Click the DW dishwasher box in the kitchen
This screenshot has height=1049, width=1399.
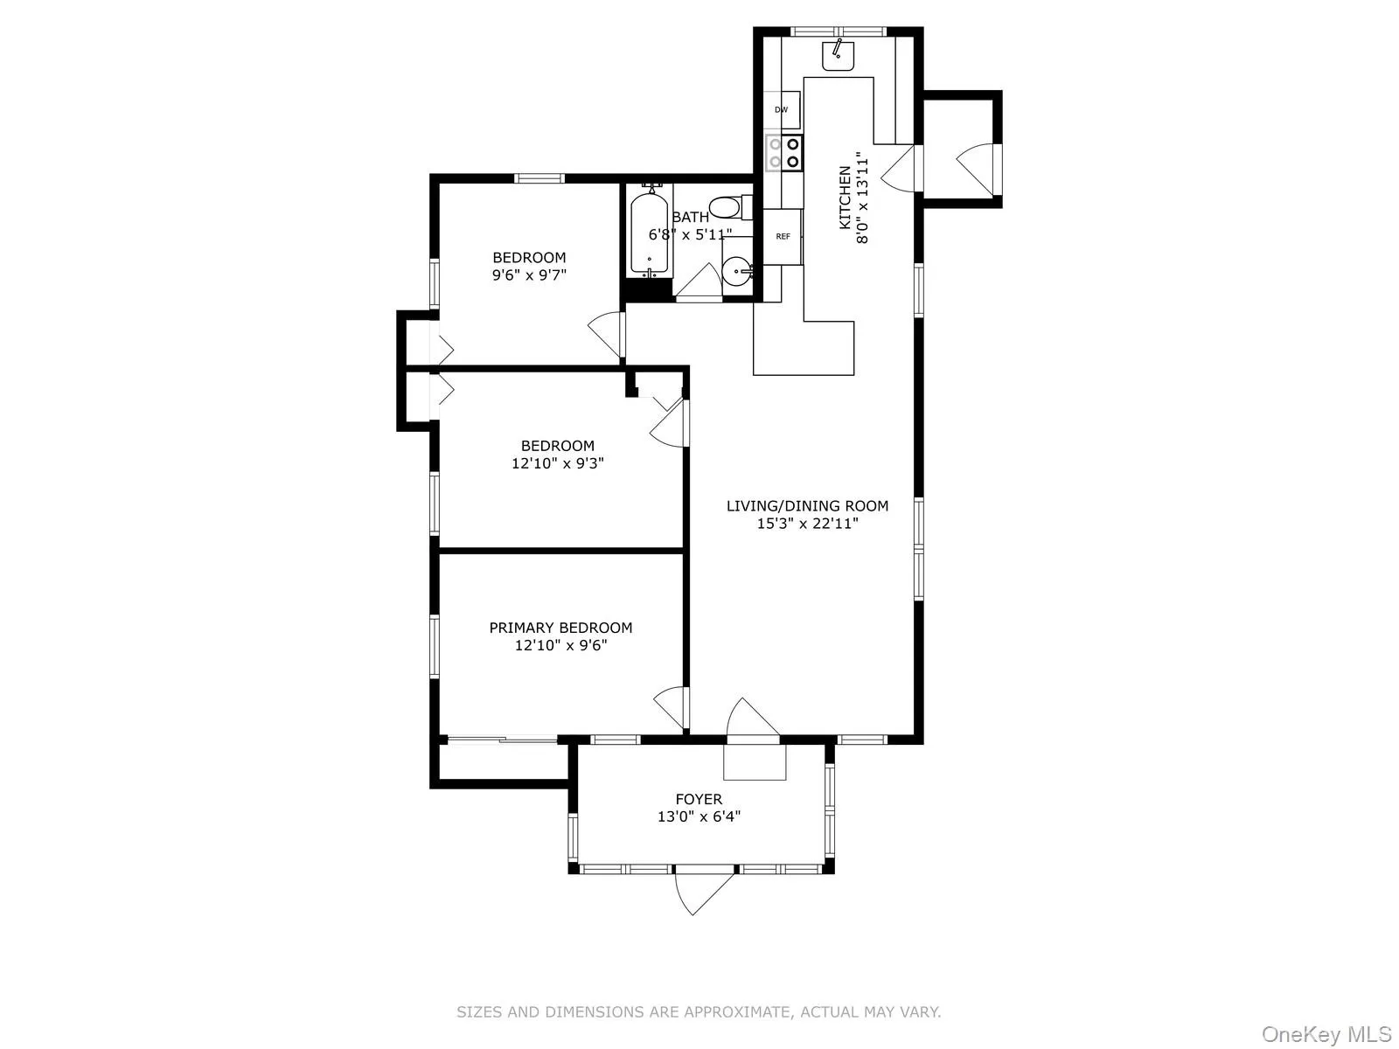[x=782, y=110]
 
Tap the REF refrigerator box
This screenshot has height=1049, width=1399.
[x=783, y=236]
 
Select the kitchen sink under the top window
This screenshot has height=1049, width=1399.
[x=838, y=55]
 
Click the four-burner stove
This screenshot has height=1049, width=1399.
[x=784, y=153]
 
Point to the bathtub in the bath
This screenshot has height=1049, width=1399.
[x=649, y=232]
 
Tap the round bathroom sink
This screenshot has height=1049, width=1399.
[x=737, y=272]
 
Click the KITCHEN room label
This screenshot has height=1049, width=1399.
[x=845, y=198]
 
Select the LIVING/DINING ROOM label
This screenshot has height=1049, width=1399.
[x=807, y=505]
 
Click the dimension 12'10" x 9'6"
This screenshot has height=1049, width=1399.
[x=560, y=646]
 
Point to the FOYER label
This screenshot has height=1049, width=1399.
[x=699, y=799]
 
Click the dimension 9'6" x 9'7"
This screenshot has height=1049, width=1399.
[x=529, y=274]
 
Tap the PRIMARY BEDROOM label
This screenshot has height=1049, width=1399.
[x=560, y=628]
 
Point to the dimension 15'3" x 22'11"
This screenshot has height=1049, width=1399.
[x=807, y=524]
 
